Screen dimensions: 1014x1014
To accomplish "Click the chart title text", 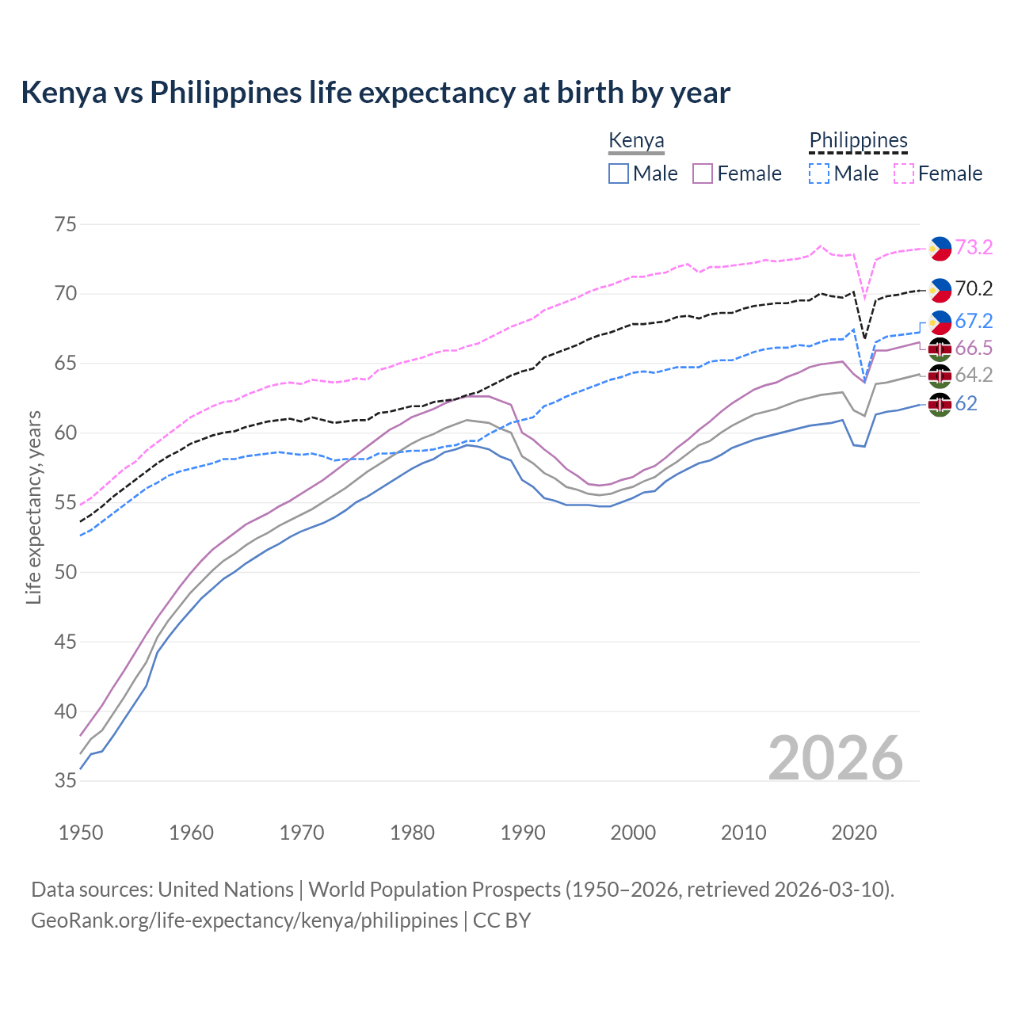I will coord(375,93).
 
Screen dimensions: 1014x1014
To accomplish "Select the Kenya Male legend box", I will coord(619,173).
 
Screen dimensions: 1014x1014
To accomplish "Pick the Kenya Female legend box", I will coord(703,173).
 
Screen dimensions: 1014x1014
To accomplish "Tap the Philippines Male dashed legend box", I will coord(819,173).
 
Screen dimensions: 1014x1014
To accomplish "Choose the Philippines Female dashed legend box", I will coord(904,173).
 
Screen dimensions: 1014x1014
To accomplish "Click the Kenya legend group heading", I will coord(636,141).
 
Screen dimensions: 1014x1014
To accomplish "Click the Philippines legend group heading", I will coord(858,141).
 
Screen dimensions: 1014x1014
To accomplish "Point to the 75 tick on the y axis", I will coord(66,224).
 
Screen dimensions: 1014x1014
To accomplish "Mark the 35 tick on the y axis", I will coord(66,781).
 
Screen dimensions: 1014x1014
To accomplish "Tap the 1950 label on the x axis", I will coord(81,833).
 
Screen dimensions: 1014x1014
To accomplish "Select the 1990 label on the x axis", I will coord(523,833).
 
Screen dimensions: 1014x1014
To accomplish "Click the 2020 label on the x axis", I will coord(854,833).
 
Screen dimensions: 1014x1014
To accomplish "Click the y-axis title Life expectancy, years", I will coord(33,507).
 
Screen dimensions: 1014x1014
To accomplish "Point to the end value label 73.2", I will coord(974,248).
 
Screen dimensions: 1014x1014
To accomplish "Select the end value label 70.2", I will coord(974,289).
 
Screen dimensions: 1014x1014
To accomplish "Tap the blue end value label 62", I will coord(966,404).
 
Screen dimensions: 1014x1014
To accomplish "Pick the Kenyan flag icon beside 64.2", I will coord(940,376).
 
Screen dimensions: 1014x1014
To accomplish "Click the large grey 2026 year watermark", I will coord(835,758).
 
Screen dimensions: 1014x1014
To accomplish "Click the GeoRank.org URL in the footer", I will coord(244,921).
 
